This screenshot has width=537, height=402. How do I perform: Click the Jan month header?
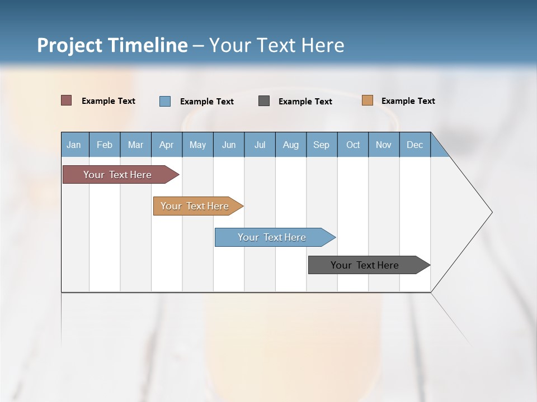point(74,145)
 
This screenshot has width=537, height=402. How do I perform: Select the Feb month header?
point(105,145)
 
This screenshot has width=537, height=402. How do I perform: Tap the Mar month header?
point(135,145)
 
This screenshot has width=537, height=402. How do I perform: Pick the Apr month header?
point(167,145)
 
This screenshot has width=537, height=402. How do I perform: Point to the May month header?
point(197,145)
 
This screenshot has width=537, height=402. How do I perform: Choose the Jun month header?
point(229,145)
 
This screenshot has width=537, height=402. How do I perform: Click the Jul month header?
point(260,145)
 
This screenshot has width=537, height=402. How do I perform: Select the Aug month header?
point(291,145)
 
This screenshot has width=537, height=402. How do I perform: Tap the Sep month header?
point(322,145)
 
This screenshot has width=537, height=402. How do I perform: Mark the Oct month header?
point(353,145)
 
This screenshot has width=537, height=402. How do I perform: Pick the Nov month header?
point(384,145)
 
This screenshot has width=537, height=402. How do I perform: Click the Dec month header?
point(415,145)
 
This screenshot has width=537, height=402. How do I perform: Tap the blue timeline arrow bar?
point(272,237)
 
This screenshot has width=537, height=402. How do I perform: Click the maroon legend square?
point(67,100)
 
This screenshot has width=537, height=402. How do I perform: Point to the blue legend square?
point(165,101)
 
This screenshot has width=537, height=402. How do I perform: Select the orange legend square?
point(368,100)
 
